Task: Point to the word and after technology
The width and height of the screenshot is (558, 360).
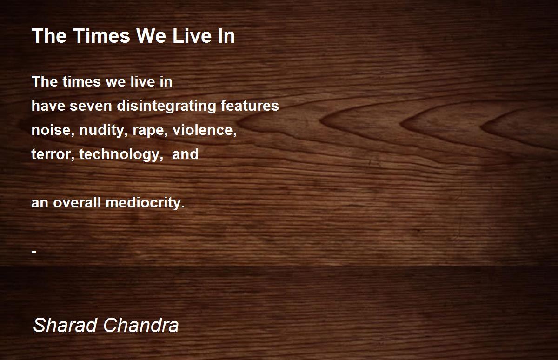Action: [x=185, y=154]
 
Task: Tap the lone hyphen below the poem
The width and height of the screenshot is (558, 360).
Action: [x=34, y=251]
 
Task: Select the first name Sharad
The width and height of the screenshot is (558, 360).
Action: [x=66, y=325]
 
